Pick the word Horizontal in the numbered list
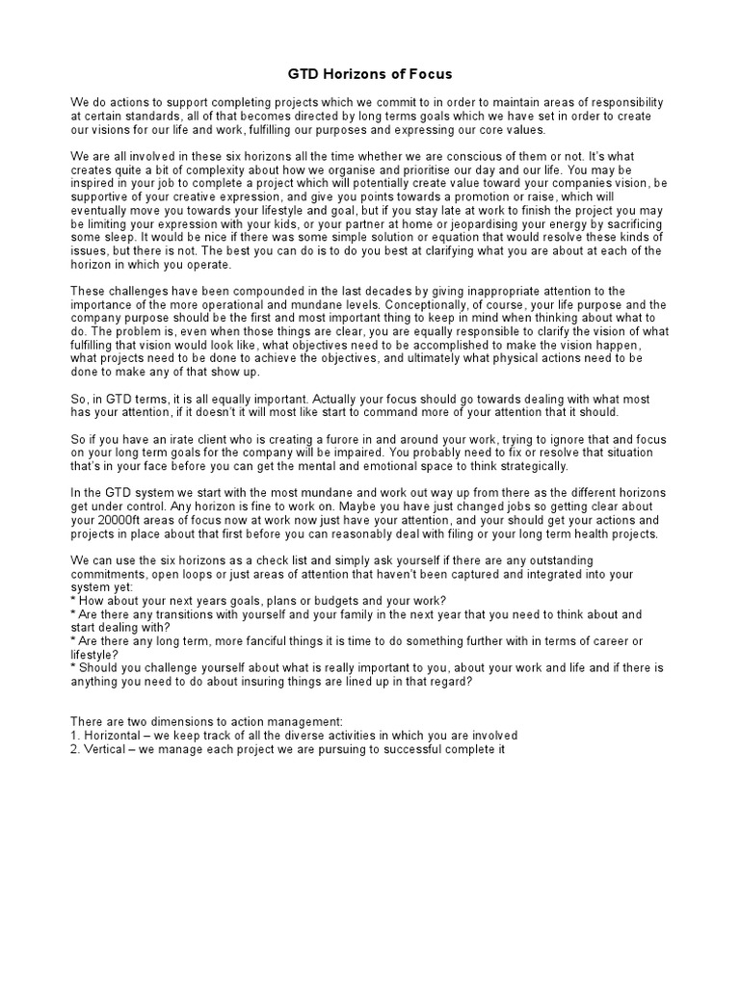115,735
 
